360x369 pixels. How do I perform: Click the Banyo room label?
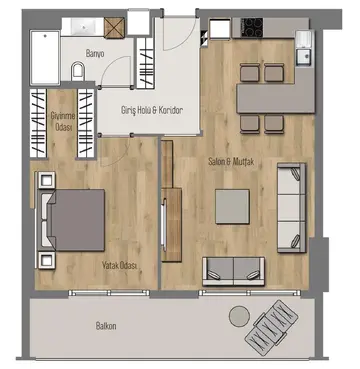point(95,53)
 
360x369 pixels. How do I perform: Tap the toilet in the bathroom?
point(78,71)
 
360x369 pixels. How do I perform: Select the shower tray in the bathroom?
point(45,57)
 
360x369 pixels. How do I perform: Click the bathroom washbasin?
point(83,27)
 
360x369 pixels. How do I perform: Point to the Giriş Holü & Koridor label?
point(152,110)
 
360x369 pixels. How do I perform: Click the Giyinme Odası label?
point(62,122)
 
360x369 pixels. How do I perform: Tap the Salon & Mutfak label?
point(231,162)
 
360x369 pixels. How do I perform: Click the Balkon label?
point(106,326)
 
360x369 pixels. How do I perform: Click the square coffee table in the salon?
point(232,206)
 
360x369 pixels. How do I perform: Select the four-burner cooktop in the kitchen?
point(252,27)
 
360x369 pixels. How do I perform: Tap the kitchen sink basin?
point(304,56)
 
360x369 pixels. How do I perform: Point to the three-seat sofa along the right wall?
point(292,208)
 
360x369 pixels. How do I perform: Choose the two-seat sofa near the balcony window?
point(234,271)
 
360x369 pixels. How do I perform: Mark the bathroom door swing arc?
point(113,66)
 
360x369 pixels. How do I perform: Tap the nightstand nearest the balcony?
point(46,260)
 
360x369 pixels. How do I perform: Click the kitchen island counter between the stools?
point(276,98)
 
